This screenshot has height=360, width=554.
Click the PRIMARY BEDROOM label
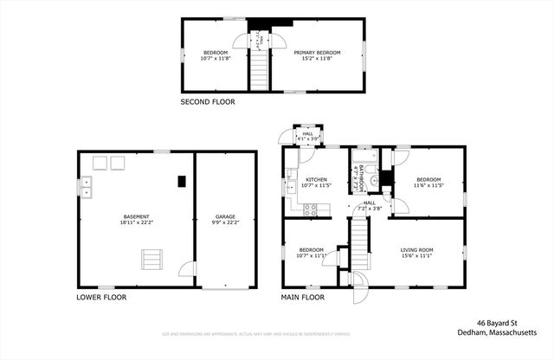(316, 53)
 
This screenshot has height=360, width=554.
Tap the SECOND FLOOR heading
(207, 102)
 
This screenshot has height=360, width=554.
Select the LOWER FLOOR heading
(101, 297)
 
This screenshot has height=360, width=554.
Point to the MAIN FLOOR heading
(302, 297)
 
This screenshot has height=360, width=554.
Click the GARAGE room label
(225, 217)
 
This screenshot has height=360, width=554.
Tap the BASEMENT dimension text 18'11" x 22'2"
(136, 222)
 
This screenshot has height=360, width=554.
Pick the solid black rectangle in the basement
(181, 181)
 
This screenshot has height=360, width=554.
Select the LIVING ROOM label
(416, 250)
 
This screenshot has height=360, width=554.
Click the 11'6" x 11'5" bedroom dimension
(428, 185)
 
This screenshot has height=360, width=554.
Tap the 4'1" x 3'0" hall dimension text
(307, 138)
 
